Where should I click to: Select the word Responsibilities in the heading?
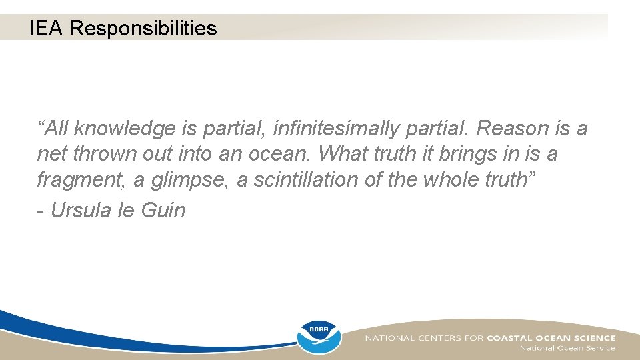[x=143, y=28]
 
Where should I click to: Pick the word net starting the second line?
[x=52, y=154]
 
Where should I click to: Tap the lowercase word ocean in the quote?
[x=280, y=154]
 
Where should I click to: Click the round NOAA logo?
[x=319, y=336]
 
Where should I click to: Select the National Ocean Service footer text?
[x=567, y=348]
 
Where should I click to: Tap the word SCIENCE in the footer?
[x=593, y=338]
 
